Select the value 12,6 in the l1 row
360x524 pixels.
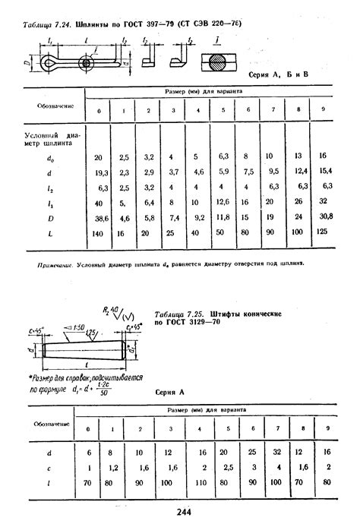tap(223, 202)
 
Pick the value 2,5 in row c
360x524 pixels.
tap(224, 466)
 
